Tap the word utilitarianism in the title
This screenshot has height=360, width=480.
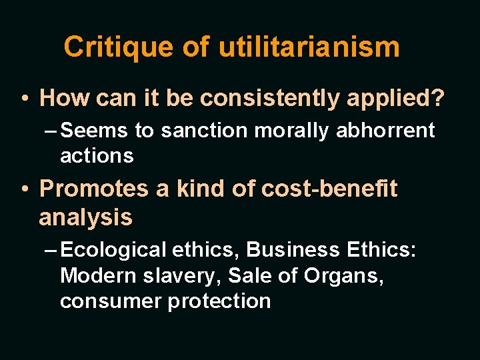(x=309, y=47)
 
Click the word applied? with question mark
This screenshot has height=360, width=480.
(x=404, y=98)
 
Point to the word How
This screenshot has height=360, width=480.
(x=64, y=98)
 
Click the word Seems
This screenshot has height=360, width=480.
(x=95, y=130)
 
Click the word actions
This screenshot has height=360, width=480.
(x=97, y=156)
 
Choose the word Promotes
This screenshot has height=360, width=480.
(x=95, y=189)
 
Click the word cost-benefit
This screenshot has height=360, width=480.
(x=329, y=189)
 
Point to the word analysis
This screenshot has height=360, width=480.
(x=85, y=217)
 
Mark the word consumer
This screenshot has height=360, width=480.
(x=111, y=301)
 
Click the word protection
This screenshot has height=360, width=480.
(x=219, y=301)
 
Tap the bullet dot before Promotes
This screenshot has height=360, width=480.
(x=25, y=189)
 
